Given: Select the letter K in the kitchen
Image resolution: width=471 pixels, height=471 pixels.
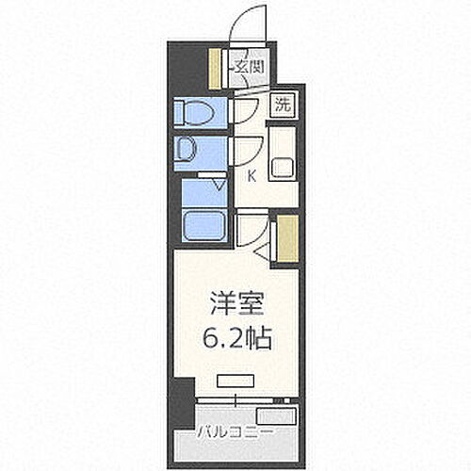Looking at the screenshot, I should coord(252,175).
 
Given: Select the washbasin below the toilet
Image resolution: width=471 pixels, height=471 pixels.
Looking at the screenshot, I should coord(187,150).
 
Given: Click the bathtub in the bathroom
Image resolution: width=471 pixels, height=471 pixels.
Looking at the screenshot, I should coord(205,226).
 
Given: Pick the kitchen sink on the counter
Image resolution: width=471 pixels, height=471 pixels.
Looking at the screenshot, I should coord(283,168).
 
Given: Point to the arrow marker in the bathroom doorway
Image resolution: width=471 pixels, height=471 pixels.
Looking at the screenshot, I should coord(219,186).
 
